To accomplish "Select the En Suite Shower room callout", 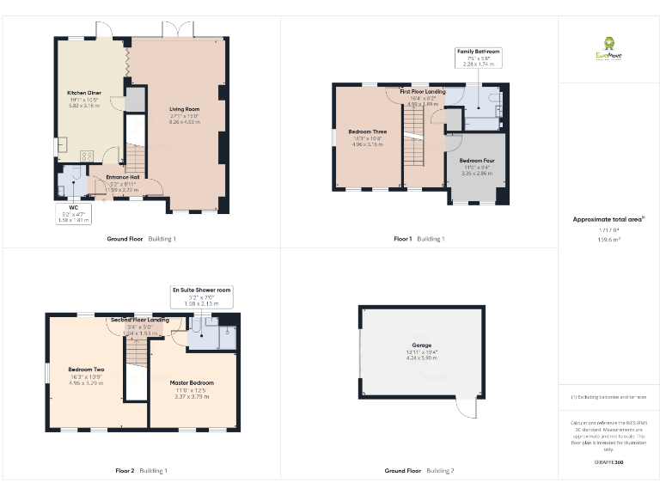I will click(x=202, y=296).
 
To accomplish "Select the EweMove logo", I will click(x=608, y=48).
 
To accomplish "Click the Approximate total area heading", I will click(x=608, y=219).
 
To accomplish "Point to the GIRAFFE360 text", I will click(x=608, y=463).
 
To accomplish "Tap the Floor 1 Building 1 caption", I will click(x=419, y=238).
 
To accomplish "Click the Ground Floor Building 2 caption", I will click(x=419, y=471).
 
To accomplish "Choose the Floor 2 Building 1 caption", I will click(x=141, y=471).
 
